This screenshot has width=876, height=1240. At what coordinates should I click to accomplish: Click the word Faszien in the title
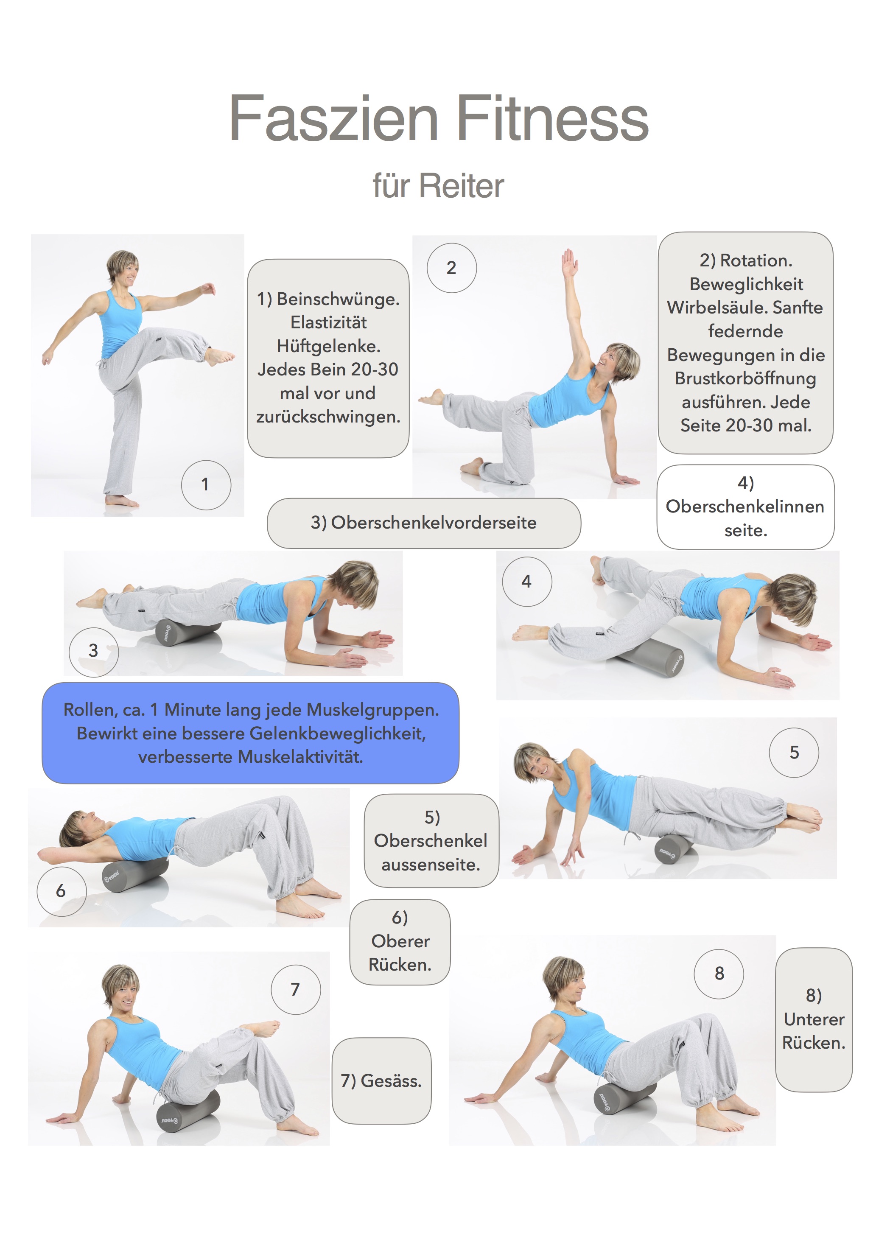(333, 118)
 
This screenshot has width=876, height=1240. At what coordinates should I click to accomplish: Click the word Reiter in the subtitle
(462, 186)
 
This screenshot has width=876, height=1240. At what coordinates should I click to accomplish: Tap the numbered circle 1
(206, 484)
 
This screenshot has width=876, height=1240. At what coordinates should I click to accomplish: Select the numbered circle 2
(451, 268)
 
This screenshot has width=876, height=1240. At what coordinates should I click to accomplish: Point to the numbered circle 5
(794, 752)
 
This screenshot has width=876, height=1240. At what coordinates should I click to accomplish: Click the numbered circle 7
(295, 989)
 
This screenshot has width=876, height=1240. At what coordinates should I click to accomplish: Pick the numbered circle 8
(719, 974)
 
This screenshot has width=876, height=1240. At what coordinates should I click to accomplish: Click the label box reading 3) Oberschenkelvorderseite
(424, 523)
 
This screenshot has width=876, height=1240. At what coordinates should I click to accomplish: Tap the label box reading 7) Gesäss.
(381, 1080)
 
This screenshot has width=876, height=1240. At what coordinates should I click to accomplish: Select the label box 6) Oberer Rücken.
(400, 942)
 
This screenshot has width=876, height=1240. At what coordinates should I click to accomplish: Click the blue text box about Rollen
(251, 733)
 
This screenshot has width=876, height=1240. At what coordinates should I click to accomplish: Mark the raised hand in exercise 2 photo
(570, 263)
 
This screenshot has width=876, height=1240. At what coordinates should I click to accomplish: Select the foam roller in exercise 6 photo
(136, 874)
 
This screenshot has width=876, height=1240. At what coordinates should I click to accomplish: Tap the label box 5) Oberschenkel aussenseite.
(431, 840)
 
